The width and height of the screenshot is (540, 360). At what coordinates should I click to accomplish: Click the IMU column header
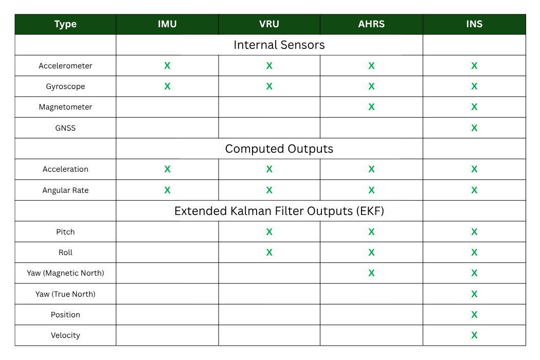[x=167, y=24]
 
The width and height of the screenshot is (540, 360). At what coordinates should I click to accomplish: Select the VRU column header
[x=269, y=24]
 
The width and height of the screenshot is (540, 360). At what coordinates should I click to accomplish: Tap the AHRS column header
[x=371, y=24]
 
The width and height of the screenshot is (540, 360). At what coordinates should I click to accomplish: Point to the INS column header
[x=474, y=24]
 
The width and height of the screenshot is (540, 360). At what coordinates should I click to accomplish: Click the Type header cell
[x=65, y=25]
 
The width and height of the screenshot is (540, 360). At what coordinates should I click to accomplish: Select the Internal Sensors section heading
[x=279, y=45]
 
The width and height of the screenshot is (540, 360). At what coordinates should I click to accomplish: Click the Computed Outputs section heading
[x=279, y=149]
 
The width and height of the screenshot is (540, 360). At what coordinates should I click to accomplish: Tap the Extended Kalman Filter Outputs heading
[x=279, y=211]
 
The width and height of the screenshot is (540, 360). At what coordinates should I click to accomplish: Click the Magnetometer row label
[x=65, y=107]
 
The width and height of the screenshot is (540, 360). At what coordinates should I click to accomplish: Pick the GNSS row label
[x=65, y=128]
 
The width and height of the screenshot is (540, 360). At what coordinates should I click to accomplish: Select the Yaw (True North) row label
[x=65, y=294]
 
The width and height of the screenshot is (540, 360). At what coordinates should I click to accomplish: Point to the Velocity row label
[x=65, y=335]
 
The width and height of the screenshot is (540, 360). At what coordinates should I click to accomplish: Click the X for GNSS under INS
[x=474, y=128]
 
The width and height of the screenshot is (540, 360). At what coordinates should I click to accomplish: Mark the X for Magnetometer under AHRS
[x=371, y=107]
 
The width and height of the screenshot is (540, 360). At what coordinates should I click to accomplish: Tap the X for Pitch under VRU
[x=269, y=232]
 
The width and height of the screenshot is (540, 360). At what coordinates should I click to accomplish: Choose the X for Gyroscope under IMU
[x=167, y=86]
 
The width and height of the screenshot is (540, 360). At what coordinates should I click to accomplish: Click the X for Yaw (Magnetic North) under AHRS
[x=371, y=273]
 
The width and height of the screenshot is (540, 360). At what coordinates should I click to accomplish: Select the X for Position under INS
[x=474, y=315]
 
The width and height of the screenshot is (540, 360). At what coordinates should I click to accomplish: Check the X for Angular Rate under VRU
[x=269, y=190]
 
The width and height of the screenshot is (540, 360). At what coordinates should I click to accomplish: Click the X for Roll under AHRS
[x=371, y=253]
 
